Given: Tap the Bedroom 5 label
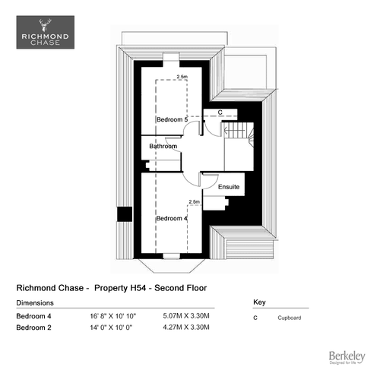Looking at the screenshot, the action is [172, 119].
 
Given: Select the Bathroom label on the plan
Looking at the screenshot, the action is [163, 146].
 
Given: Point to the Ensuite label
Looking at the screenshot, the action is [229, 187].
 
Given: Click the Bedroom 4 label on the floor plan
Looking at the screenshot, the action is [172, 218].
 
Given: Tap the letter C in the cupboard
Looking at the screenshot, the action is [220, 112].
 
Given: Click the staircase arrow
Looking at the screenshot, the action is [234, 131].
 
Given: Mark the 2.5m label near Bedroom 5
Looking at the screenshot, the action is [182, 77].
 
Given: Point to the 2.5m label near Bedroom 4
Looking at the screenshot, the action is [194, 202].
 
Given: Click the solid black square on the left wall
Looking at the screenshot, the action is [125, 214].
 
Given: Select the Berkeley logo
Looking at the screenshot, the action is [347, 357].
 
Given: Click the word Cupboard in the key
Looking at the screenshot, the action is [290, 318].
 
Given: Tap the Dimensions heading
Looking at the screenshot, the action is [35, 303].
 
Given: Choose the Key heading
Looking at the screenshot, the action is [259, 302].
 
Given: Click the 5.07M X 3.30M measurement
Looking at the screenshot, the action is [186, 316].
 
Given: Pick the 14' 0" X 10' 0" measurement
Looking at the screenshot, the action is [111, 328].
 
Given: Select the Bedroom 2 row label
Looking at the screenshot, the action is [33, 328].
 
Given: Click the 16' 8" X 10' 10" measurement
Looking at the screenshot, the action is [113, 316].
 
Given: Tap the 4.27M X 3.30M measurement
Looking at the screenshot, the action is [186, 328].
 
